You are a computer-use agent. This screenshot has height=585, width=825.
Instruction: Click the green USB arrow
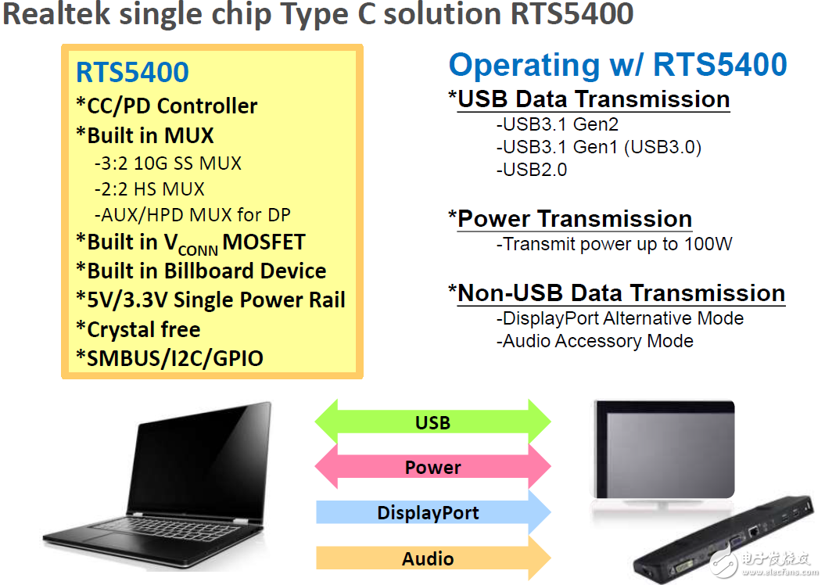(432, 422)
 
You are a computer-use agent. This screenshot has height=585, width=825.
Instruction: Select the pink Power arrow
(432, 468)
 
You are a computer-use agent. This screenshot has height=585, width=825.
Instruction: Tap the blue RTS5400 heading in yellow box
(132, 72)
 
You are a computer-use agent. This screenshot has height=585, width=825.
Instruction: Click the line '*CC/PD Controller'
(167, 106)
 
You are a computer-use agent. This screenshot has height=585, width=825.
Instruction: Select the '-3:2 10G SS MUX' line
(167, 163)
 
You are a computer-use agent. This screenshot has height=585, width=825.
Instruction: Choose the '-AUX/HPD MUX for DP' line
(192, 214)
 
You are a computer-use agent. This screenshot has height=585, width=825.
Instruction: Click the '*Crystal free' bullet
(138, 329)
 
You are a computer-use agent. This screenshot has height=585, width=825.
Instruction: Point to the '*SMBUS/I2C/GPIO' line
(170, 358)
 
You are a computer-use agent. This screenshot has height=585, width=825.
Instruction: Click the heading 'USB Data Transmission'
(593, 99)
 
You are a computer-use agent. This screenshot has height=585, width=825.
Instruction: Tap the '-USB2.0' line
(531, 170)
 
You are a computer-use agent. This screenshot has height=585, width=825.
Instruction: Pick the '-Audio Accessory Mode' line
(594, 341)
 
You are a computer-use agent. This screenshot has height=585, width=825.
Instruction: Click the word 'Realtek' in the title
(60, 15)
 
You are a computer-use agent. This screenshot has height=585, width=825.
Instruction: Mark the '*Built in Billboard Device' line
(201, 271)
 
